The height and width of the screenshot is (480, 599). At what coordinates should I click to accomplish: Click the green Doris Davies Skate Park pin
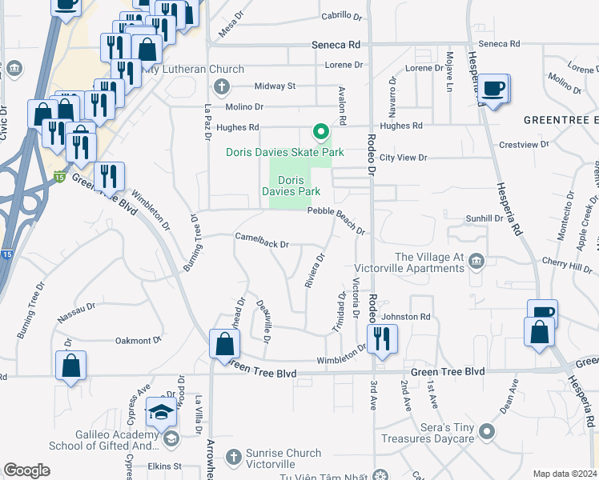320,130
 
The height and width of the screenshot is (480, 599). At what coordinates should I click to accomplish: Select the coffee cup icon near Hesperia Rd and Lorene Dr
494,87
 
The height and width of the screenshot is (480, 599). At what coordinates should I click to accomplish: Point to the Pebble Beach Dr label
337,210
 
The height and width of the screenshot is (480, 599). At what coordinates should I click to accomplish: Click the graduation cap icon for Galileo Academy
161,413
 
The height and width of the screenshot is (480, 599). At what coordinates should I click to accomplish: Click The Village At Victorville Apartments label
431,262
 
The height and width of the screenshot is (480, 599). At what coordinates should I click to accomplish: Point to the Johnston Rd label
410,317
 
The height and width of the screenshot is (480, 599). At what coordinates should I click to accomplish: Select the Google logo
26,470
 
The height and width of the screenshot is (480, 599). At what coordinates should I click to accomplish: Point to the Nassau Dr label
76,312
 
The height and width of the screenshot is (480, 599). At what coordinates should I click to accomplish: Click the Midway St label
275,86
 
